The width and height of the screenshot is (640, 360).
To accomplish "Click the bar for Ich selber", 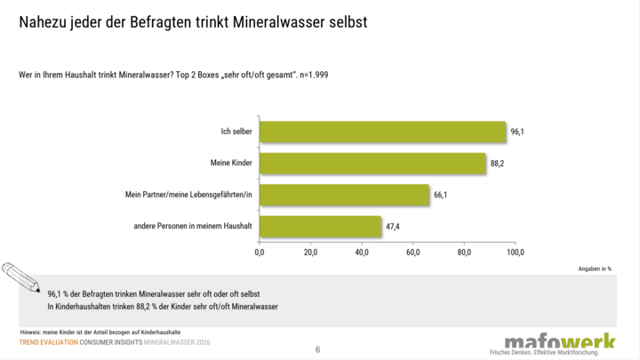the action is click(x=382, y=132).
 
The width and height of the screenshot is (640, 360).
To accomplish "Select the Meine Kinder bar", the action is click(x=372, y=164).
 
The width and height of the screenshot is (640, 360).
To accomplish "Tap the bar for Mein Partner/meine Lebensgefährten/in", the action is click(x=344, y=195).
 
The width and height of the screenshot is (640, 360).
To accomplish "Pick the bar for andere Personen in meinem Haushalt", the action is click(x=320, y=226).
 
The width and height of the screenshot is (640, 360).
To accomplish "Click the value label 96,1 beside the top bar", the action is click(x=517, y=132).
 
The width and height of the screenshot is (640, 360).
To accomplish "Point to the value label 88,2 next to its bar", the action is click(x=497, y=164).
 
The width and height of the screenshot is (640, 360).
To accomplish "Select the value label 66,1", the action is click(x=440, y=195).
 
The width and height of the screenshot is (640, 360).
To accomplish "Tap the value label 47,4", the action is click(x=393, y=226).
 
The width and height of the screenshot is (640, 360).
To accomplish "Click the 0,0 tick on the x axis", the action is click(x=260, y=252).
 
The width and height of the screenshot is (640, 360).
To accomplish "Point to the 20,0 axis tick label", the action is click(x=310, y=252).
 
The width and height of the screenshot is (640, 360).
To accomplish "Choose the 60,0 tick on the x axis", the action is click(x=413, y=252).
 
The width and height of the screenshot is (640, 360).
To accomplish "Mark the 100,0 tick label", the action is click(x=516, y=252).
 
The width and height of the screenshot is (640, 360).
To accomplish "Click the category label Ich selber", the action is click(x=236, y=132).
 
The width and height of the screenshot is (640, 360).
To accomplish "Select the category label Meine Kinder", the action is click(x=231, y=163).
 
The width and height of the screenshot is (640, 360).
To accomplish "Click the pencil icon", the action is click(x=20, y=277).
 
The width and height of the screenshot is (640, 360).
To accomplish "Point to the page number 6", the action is click(x=317, y=349).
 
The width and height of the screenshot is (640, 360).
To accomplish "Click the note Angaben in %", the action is click(x=595, y=268).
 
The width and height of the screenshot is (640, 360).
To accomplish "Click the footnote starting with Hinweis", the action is click(x=100, y=332).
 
